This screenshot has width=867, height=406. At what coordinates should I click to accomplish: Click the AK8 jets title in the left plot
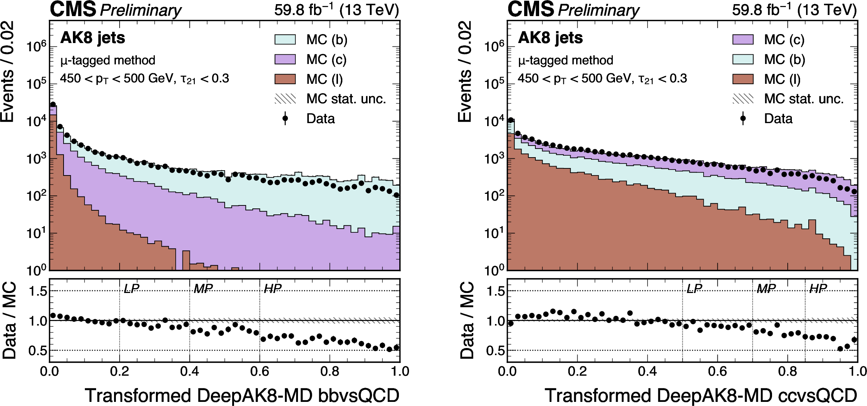point(92,38)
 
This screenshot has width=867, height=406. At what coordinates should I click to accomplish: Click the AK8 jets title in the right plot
point(550,38)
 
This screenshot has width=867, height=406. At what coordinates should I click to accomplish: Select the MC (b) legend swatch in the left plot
point(285,40)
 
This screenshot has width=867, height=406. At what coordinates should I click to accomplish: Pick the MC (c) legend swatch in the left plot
point(285,59)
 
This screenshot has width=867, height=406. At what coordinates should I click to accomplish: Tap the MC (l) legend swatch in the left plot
point(285,79)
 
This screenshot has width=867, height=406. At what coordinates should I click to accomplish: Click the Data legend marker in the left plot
point(285,118)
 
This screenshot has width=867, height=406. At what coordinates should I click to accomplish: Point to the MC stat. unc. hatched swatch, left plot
point(285,99)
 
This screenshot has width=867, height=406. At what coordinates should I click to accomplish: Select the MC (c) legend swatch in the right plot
point(743,40)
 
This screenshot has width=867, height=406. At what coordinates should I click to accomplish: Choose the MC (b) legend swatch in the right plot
point(743,59)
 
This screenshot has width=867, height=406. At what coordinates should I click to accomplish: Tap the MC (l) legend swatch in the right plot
point(743,79)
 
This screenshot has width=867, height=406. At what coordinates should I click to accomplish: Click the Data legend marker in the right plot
point(743,118)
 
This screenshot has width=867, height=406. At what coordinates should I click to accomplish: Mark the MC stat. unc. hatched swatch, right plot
point(743,99)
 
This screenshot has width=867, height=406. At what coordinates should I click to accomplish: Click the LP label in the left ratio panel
point(132,289)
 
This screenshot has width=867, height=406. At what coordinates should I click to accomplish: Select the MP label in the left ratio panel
point(203,289)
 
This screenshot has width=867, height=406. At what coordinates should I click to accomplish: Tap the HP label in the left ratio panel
point(273,289)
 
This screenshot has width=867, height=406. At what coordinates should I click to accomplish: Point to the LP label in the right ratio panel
point(694,289)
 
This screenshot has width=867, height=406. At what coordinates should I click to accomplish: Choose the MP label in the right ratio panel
point(766,289)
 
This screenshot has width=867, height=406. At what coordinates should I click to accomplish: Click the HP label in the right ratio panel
point(818,289)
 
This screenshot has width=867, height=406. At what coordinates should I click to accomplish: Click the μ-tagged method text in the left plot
point(108,60)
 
